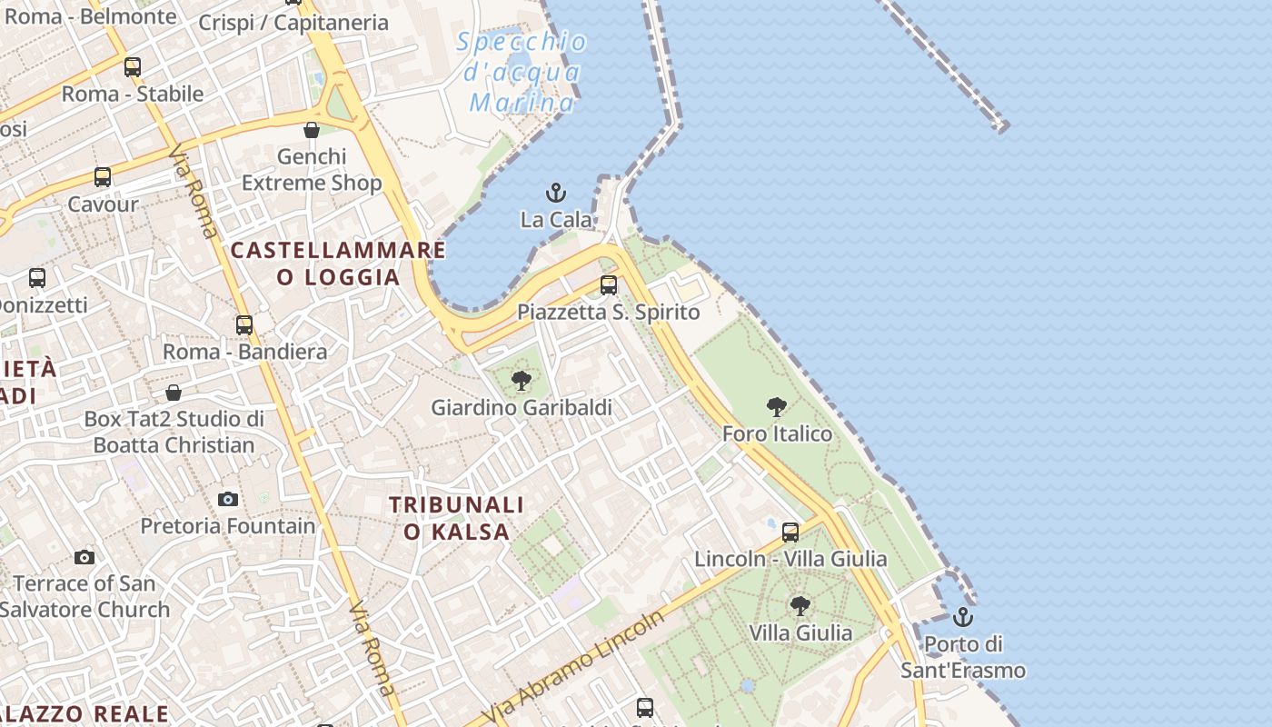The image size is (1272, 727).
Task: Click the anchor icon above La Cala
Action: [x=555, y=193]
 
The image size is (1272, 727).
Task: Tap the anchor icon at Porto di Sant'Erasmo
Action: [x=962, y=618]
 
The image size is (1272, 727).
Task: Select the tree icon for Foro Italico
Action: [x=776, y=407]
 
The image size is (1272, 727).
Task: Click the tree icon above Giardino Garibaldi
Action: [x=522, y=381]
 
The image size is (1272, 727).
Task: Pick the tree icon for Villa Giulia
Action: [x=800, y=605]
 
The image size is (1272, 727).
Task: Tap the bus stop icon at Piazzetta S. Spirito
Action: [x=609, y=285]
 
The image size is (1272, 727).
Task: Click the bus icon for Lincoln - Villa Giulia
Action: [x=790, y=533]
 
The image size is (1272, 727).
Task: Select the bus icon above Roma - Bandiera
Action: [x=243, y=325]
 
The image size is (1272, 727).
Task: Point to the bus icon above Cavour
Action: [x=103, y=177]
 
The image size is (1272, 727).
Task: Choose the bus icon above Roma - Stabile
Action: [x=133, y=67]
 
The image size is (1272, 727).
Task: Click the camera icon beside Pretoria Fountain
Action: [x=228, y=499]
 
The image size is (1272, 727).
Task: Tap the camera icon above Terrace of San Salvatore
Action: [x=84, y=557]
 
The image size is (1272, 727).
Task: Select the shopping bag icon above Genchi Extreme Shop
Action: [x=312, y=130]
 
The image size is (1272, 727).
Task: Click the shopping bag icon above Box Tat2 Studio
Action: [x=174, y=393]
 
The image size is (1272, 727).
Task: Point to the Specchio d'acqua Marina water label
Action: [x=522, y=72]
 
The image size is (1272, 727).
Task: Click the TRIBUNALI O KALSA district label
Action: [x=456, y=518]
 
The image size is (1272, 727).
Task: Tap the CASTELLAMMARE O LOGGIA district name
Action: [x=338, y=264]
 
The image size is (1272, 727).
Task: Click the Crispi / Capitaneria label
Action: [x=293, y=23]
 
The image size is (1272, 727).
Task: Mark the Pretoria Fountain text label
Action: [x=228, y=525]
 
